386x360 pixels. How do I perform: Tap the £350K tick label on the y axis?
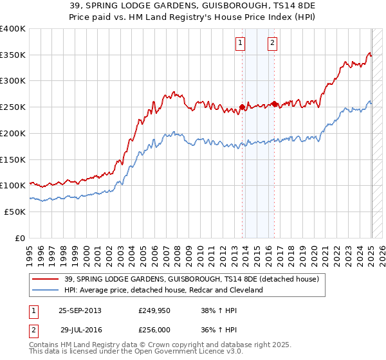(x=13, y=55)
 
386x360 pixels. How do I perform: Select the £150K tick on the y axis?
(x=13, y=159)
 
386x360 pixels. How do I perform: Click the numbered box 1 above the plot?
(x=240, y=43)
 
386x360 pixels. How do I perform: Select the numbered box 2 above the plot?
(x=273, y=43)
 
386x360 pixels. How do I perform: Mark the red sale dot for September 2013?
(x=243, y=107)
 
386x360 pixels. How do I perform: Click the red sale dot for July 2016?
(x=275, y=104)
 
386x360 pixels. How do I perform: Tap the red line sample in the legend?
(x=46, y=278)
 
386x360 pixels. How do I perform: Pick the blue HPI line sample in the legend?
(x=46, y=290)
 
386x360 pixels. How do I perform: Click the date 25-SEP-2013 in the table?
(x=80, y=310)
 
